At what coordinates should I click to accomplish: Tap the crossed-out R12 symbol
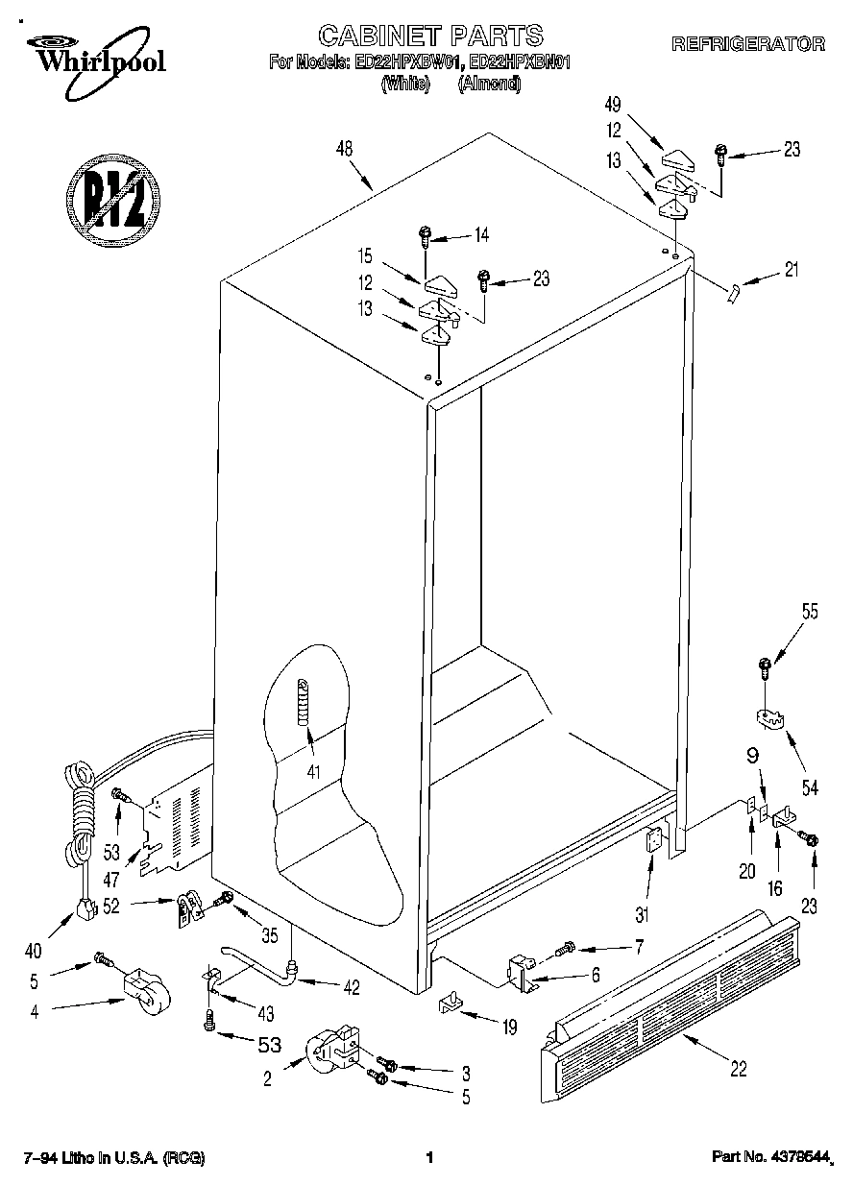click(113, 198)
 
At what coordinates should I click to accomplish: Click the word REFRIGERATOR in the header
click(747, 43)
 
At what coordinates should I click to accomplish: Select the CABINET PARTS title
click(430, 36)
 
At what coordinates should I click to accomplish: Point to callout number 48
click(345, 149)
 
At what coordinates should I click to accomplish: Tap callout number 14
click(481, 234)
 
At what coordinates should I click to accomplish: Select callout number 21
click(791, 271)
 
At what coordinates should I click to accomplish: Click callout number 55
click(810, 611)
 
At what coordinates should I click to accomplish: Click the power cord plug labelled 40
click(85, 907)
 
